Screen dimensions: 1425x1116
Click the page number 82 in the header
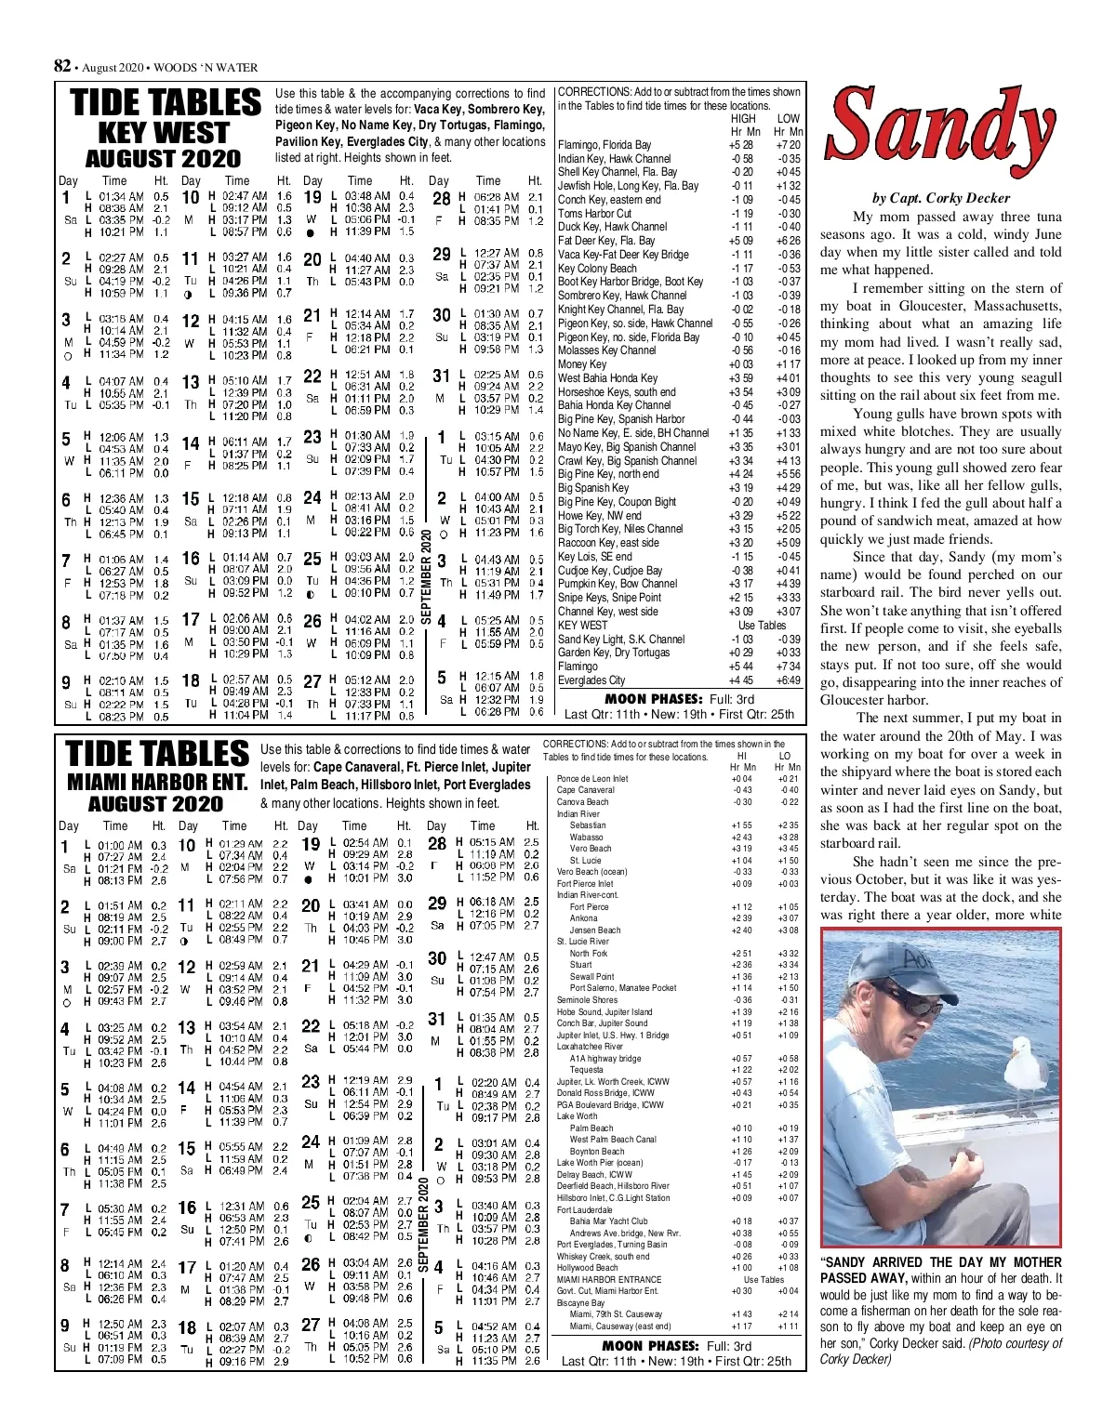point(62,66)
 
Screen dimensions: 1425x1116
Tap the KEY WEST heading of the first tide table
point(163,133)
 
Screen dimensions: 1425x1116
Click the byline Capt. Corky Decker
point(940,198)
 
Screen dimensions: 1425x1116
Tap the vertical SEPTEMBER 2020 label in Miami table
point(424,1226)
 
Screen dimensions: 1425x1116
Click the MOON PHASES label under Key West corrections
point(653,699)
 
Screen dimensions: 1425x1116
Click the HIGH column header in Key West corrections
point(743,119)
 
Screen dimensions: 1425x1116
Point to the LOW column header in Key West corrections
point(788,119)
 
